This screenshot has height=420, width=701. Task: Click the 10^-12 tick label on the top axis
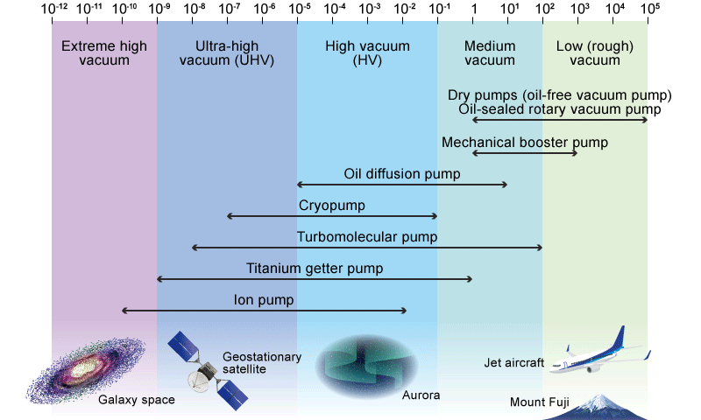click(52, 8)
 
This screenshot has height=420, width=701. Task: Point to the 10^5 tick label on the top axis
click(649, 8)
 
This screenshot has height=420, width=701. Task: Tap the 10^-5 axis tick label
click(298, 8)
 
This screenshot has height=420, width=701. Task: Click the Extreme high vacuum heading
click(104, 53)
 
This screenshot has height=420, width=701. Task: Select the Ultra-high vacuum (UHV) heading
click(226, 53)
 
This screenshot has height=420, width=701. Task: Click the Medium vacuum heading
click(490, 53)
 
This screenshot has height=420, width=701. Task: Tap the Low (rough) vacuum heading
click(595, 53)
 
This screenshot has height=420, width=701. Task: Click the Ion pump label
click(264, 300)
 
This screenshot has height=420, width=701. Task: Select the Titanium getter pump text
click(314, 268)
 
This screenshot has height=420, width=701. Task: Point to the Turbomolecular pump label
click(367, 237)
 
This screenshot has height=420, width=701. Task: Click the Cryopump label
click(332, 206)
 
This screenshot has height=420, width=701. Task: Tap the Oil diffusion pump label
click(402, 174)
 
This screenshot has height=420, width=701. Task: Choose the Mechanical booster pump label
click(525, 142)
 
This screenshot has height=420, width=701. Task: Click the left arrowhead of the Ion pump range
click(124, 311)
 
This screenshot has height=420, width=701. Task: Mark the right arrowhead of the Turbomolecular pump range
click(541, 248)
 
